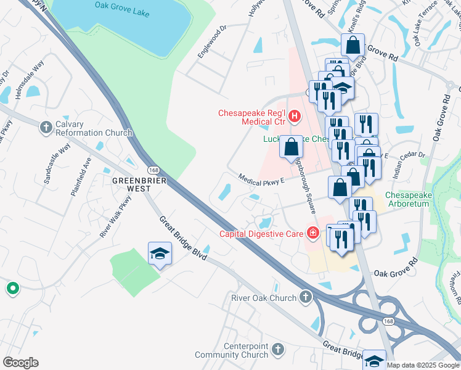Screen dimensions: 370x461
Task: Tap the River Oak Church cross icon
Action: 305,298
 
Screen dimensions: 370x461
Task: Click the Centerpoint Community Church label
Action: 232,350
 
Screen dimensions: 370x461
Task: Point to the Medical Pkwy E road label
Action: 261,178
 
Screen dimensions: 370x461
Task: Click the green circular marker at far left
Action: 12,288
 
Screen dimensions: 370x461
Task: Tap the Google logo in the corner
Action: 20,363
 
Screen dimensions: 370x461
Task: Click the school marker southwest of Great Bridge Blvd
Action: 159,254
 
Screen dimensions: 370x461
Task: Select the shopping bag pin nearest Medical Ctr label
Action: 292,147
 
